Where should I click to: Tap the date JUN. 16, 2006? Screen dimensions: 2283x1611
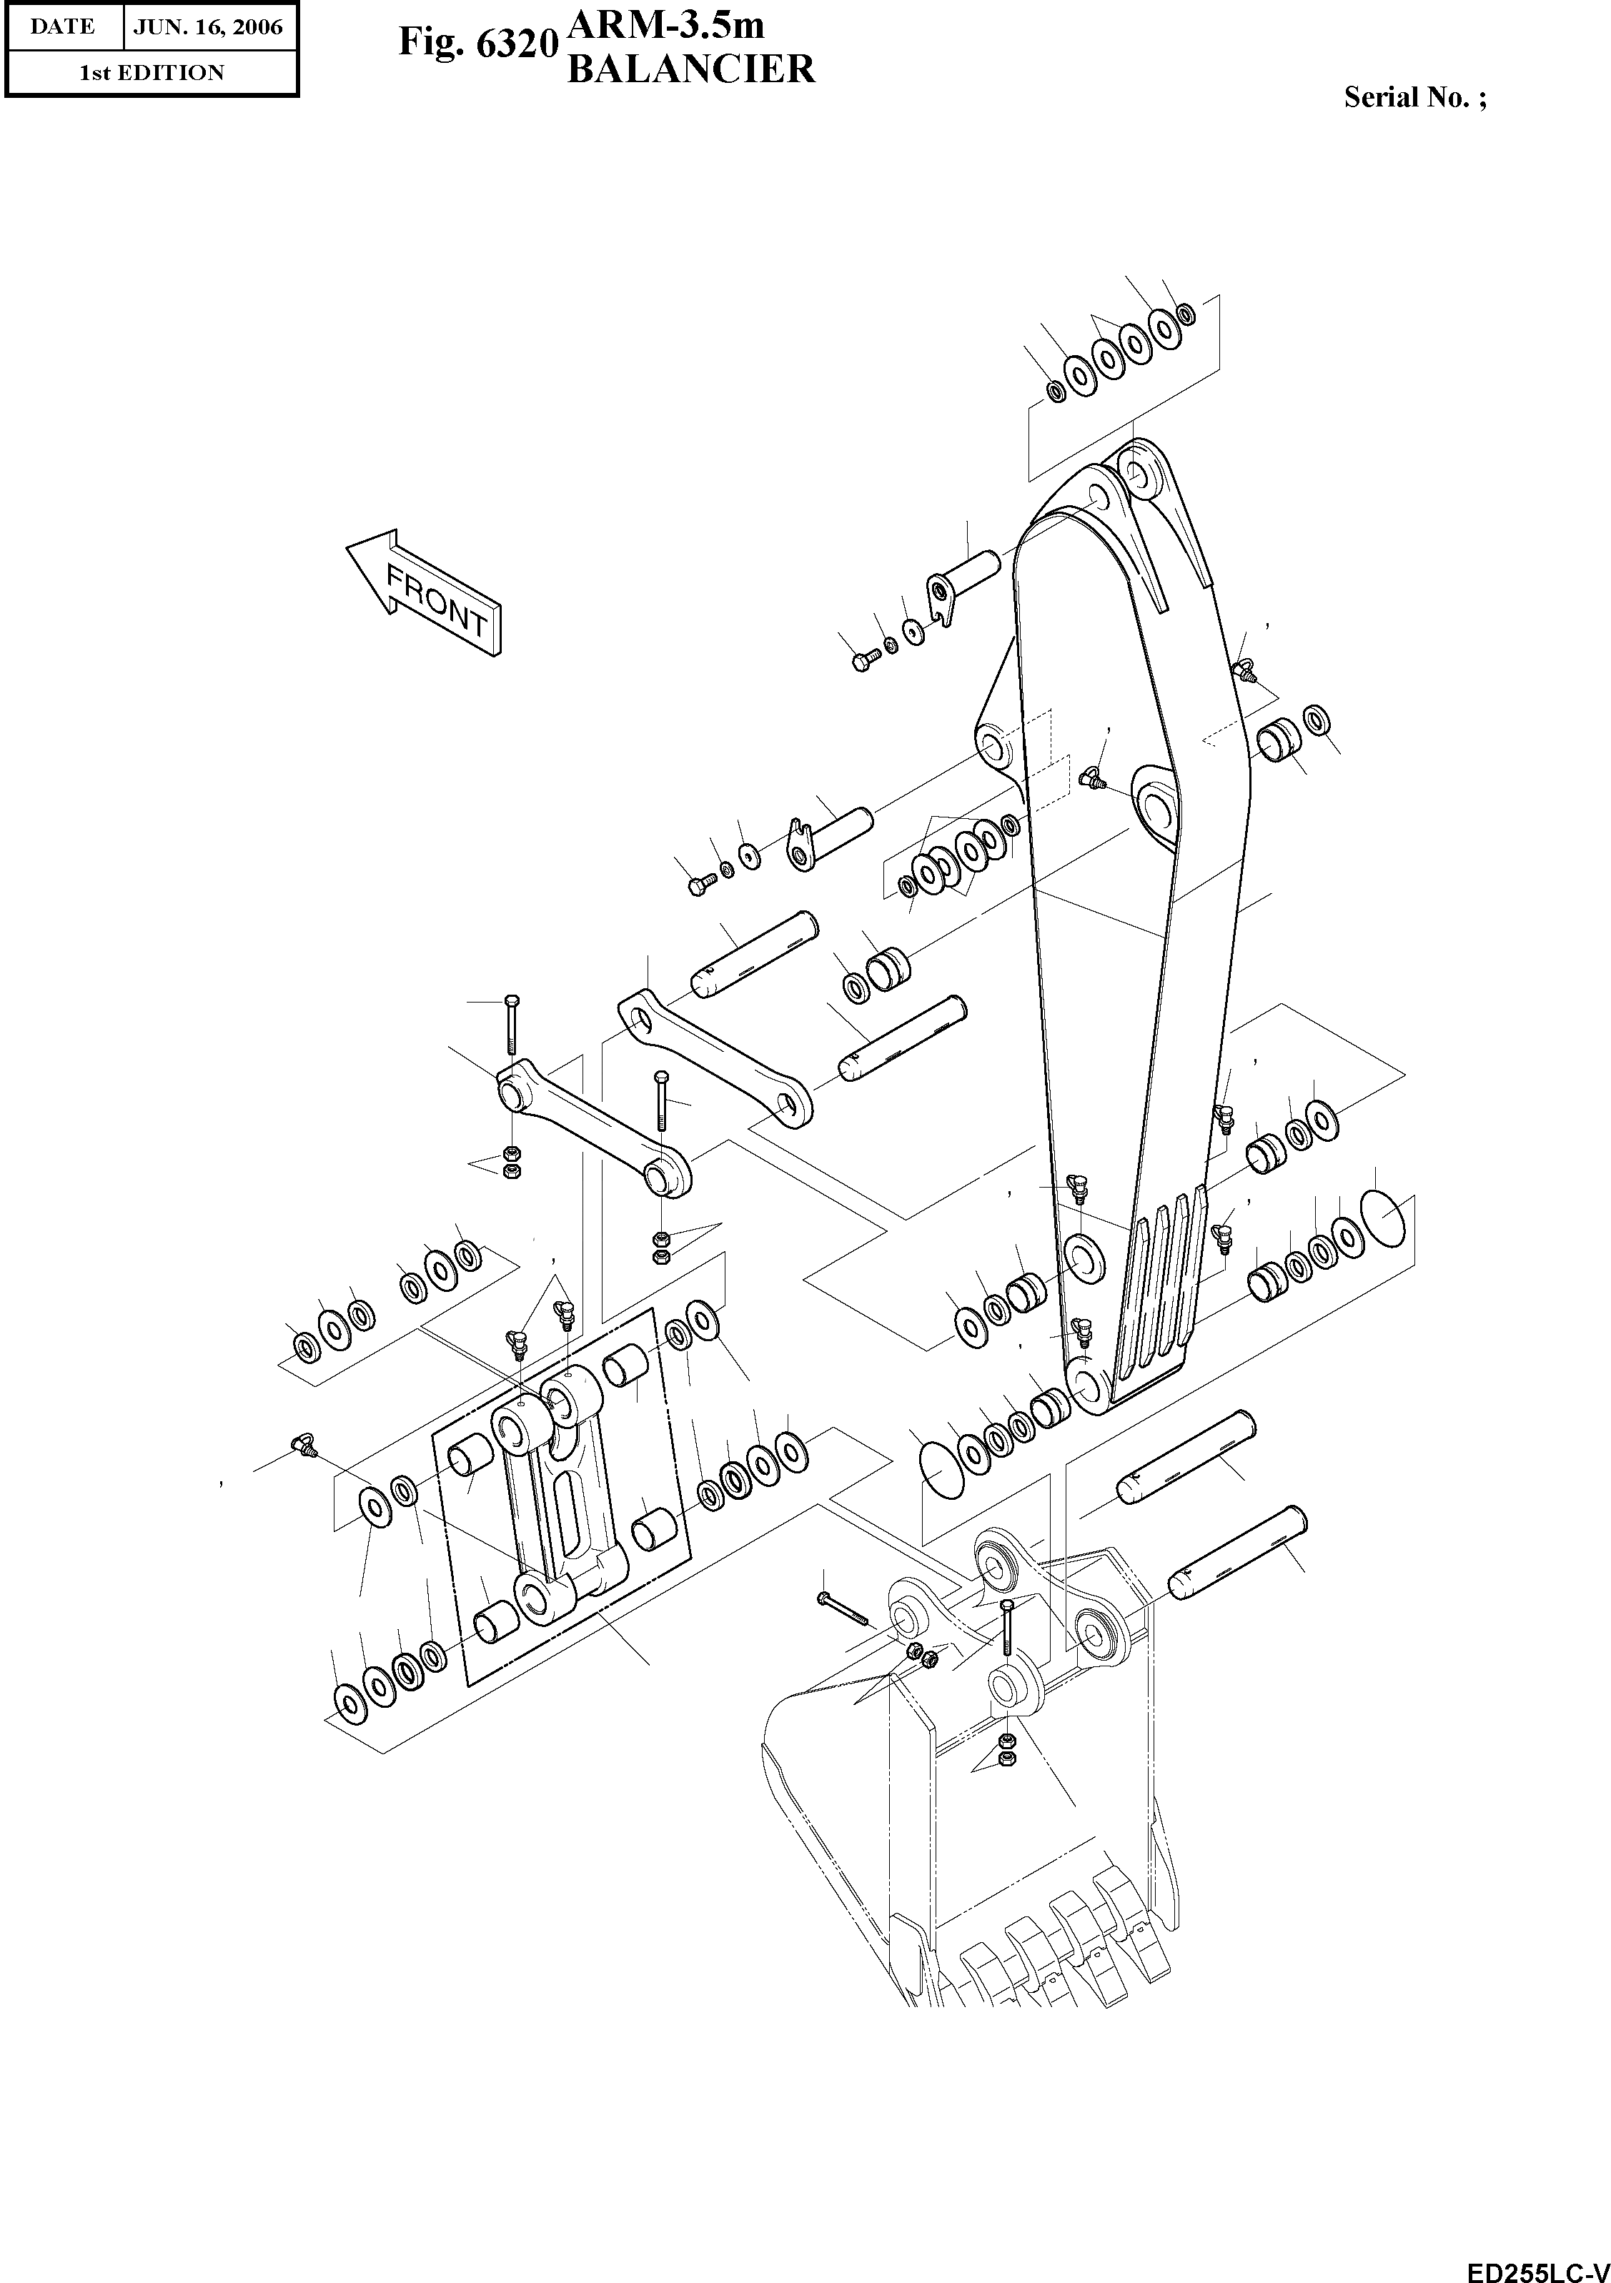(209, 27)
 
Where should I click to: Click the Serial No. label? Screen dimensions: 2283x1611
(1414, 97)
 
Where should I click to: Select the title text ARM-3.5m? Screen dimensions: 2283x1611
(665, 23)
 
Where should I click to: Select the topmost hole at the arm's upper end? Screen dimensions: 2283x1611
(1136, 474)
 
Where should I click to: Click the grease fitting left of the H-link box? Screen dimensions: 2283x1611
(299, 1446)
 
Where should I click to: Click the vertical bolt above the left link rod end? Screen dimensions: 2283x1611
(510, 1023)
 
